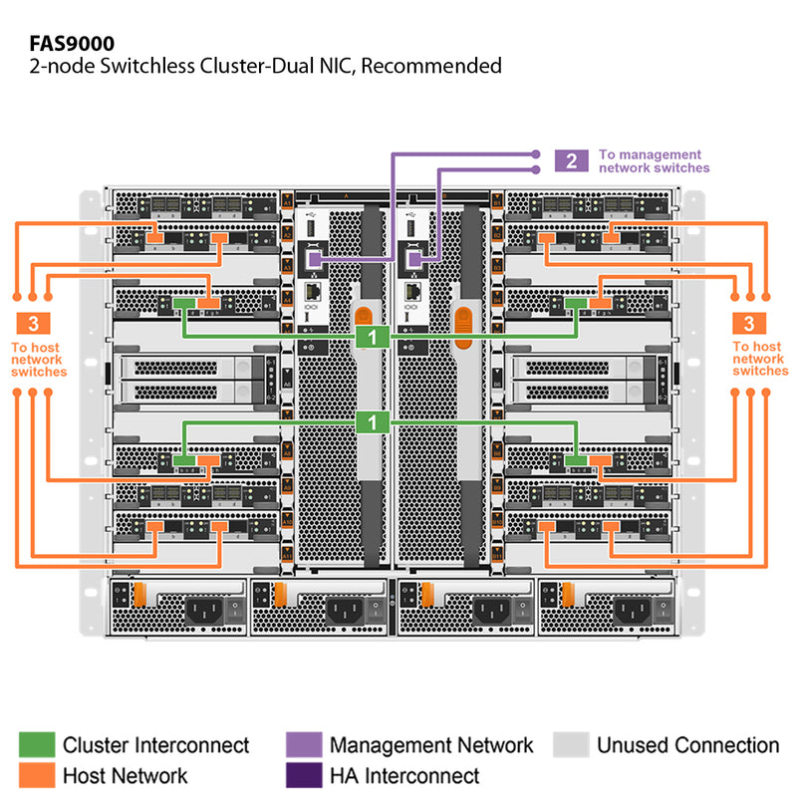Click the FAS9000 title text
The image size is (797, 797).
72,43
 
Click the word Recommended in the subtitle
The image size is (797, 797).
439,67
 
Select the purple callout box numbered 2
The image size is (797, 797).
571,161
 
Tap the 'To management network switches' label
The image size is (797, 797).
654,161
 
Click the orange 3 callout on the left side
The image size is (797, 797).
35,323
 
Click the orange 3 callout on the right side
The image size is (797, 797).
748,323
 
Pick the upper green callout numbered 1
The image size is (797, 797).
372,337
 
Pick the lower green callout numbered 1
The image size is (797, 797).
372,422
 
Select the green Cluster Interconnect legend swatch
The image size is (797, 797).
36,745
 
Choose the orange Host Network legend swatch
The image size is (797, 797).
36,775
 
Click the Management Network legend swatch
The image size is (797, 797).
303,745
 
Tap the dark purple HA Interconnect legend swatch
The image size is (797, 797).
303,775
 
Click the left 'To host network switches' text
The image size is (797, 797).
39,360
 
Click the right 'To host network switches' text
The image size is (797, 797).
758,360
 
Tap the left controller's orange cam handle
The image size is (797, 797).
362,321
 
